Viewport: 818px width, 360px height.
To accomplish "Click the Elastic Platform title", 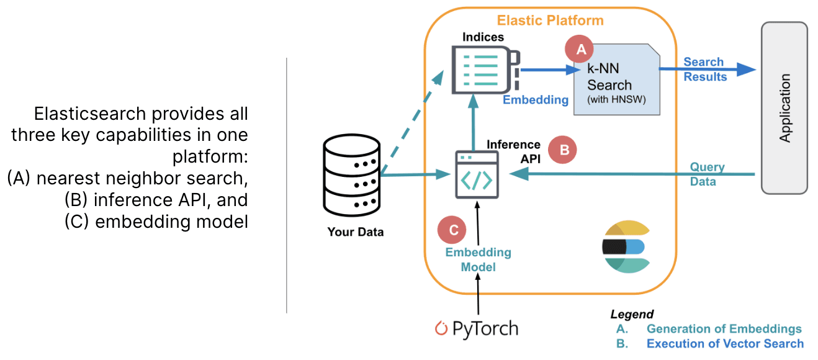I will pos(550,20).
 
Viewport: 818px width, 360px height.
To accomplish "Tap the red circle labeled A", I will pos(580,50).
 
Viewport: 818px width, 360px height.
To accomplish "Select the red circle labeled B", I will pos(564,150).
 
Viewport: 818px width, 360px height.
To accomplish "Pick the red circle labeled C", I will pos(453,230).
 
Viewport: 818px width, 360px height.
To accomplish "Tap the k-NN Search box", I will pos(616,84).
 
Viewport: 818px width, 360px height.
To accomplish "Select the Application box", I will pos(784,108).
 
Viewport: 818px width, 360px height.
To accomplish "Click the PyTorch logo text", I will pos(476,328).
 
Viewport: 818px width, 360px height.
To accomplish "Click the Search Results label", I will pos(704,70).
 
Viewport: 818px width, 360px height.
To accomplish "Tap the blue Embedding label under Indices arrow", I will pos(535,100).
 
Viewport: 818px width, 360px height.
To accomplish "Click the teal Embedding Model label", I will pos(478,259).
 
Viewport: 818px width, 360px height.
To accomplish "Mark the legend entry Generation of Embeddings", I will pos(724,329).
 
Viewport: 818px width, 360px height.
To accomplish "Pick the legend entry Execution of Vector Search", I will pos(725,344).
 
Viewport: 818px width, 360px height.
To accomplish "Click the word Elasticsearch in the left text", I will pos(90,115).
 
